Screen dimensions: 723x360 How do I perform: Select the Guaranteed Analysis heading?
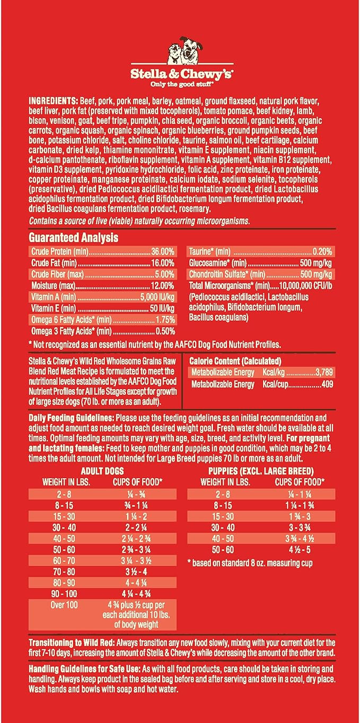coord(73,238)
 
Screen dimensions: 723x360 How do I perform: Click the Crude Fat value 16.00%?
coord(162,263)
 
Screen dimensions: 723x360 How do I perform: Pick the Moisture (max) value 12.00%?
coord(162,286)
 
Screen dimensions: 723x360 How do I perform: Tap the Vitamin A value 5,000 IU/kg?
coord(157,297)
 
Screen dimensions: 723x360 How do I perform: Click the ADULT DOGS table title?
coord(102,471)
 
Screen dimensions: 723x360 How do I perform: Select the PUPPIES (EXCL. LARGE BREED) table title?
coord(261,471)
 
